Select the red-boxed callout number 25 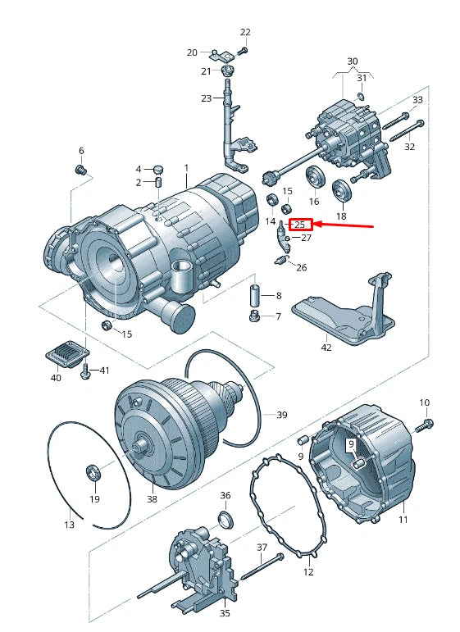tap(299, 224)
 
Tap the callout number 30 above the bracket tap(352, 61)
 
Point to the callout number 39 tap(281, 415)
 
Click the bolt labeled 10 tap(427, 425)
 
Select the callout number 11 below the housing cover tap(403, 520)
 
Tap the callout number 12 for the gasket tap(308, 571)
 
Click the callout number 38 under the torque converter tap(152, 498)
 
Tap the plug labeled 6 tap(81, 171)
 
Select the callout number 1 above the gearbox tap(186, 168)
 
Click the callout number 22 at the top tap(244, 32)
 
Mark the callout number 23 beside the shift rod tap(206, 98)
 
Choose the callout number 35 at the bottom tap(225, 612)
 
